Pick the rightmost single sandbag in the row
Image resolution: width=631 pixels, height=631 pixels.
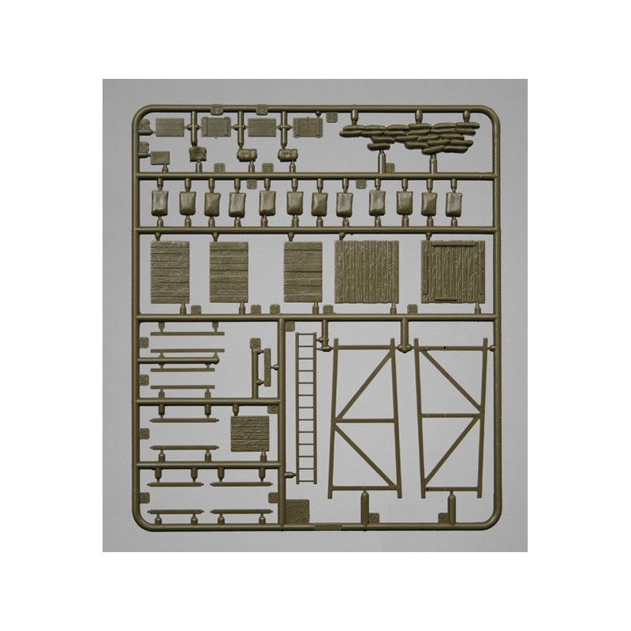coord(455,203)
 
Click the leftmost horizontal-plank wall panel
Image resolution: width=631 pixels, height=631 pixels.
coord(170,272)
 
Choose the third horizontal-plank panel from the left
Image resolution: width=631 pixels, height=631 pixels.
coord(304,272)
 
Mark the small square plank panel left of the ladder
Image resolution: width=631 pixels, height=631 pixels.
coord(250,434)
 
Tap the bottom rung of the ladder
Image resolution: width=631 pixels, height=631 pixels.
coord(305,473)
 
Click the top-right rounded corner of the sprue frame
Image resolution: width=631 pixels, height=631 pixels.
coord(496,114)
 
